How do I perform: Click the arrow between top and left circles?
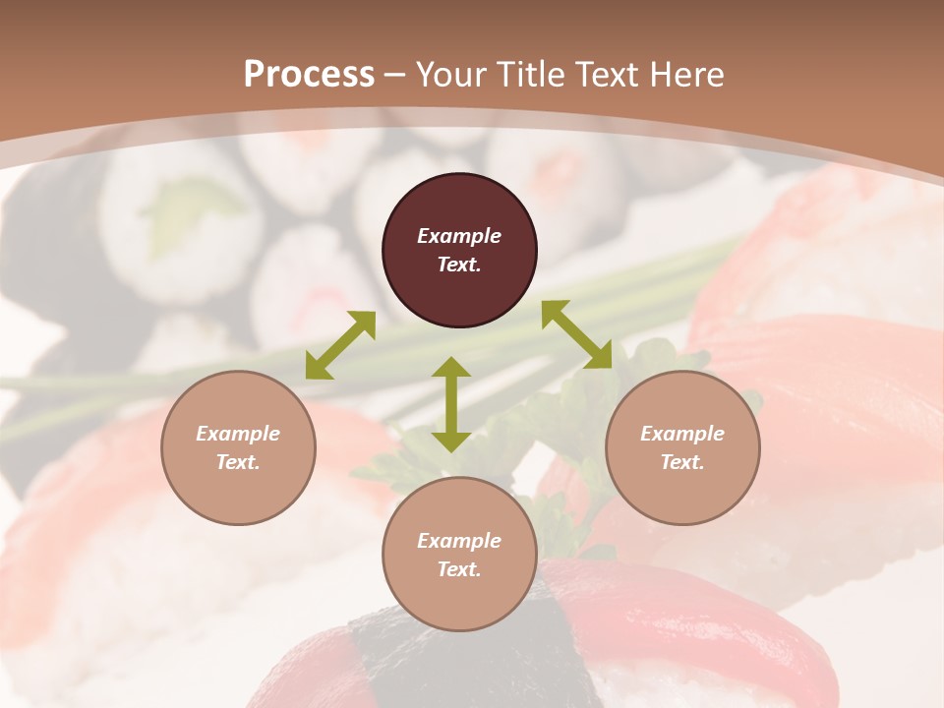pos(340,345)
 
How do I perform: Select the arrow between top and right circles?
pos(576,334)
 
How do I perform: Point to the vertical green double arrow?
pos(451,404)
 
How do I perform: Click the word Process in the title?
pos(309,75)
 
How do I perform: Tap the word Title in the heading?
pos(529,75)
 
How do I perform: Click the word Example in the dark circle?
pos(459,236)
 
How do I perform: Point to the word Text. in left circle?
pos(238,462)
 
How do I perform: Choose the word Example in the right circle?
pos(682,434)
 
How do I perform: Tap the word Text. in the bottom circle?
pos(459,569)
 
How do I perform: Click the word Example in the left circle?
pos(238,434)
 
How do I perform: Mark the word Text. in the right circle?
pos(682,462)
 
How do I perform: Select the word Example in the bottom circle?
pos(459,541)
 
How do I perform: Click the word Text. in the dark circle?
pos(459,265)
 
